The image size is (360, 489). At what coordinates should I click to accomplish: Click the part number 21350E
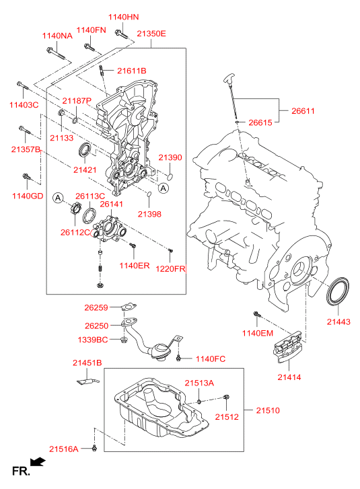(151, 34)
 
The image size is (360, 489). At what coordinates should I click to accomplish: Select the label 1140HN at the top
(124, 17)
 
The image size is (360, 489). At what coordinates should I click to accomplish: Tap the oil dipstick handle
(229, 78)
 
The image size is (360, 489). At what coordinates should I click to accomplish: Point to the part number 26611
(303, 111)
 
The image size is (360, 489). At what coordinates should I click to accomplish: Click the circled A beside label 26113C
(58, 198)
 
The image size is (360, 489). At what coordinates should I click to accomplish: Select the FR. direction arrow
(38, 462)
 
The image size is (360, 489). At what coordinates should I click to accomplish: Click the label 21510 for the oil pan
(268, 410)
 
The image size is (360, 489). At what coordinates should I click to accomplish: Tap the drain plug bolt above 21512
(226, 397)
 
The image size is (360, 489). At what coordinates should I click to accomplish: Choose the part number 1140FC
(210, 359)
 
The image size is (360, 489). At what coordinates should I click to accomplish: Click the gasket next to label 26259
(129, 307)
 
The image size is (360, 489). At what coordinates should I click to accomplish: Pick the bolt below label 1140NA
(56, 54)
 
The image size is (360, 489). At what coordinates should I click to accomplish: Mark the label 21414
(289, 377)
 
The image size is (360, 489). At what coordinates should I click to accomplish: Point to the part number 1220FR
(170, 268)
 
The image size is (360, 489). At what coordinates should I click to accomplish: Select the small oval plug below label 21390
(170, 177)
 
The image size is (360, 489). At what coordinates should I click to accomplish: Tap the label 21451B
(87, 363)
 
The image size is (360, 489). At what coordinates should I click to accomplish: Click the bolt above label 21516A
(95, 448)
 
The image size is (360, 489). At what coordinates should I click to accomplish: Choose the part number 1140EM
(258, 333)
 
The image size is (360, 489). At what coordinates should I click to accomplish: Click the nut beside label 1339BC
(124, 339)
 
